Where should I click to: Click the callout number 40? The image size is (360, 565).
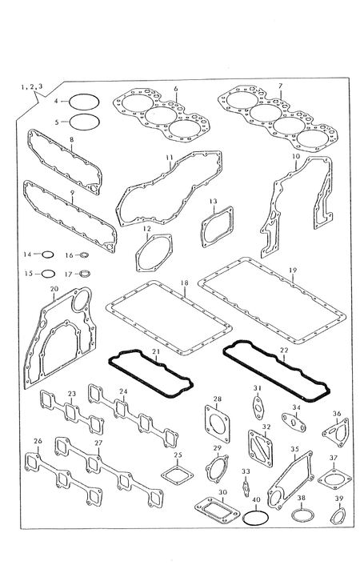click(256, 500)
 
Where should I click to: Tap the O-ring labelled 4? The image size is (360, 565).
click(84, 95)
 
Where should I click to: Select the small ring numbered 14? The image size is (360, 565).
click(48, 252)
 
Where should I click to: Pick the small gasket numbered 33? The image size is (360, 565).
click(246, 487)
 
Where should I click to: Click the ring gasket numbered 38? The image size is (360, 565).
click(302, 509)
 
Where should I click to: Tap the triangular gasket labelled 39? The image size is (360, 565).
click(338, 510)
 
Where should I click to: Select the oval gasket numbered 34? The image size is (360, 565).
click(294, 422)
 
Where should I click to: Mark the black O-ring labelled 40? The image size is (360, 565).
click(255, 511)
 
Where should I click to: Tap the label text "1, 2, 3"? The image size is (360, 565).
click(32, 86)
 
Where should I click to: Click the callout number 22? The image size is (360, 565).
click(284, 351)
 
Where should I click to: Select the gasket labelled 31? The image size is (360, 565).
click(258, 408)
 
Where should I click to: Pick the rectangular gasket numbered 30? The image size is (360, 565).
click(218, 508)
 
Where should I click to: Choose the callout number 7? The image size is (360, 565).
click(280, 86)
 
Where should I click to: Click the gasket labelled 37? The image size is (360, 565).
click(334, 480)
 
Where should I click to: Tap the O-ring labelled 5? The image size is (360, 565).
click(84, 114)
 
